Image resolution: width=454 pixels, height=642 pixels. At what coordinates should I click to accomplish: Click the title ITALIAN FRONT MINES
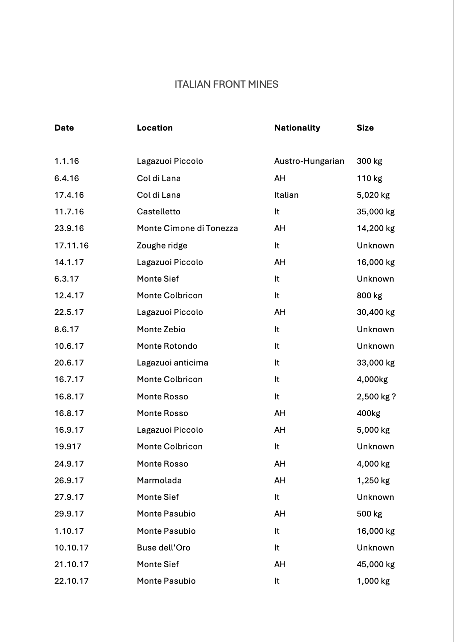point(226,84)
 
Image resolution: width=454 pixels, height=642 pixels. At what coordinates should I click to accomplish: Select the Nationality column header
point(297,128)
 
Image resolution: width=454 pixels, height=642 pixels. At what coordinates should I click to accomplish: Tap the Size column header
point(365,128)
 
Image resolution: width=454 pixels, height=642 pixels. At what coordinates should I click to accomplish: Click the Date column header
point(64,128)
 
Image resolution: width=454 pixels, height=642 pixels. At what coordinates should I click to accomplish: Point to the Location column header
point(155,128)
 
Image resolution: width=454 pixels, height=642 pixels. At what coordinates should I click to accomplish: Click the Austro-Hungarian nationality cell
point(309,161)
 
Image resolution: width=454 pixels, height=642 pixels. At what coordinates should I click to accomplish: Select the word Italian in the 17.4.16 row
point(286,195)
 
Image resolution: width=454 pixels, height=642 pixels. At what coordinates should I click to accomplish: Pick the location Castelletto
point(158,212)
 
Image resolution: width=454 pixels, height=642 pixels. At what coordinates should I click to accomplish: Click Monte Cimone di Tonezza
point(187,228)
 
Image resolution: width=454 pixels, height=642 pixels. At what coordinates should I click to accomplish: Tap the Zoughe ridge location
point(162,246)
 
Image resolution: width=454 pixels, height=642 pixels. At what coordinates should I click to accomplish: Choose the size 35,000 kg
point(376,212)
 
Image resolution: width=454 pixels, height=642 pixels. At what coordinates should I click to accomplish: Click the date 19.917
point(68,447)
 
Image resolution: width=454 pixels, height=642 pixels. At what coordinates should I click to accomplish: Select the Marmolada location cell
point(159,480)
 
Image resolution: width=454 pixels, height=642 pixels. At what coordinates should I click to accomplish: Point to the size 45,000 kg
point(376,564)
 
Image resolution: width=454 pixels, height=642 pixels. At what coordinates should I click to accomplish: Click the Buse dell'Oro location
point(163,547)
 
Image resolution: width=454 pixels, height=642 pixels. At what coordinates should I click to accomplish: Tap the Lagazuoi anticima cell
point(172,363)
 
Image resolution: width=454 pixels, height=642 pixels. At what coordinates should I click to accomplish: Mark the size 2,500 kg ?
point(376,396)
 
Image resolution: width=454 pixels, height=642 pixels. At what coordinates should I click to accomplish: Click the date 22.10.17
point(71,581)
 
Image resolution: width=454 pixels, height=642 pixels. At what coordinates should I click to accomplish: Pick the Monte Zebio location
point(161,329)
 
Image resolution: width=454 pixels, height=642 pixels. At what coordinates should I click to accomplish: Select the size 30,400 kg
point(376,312)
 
